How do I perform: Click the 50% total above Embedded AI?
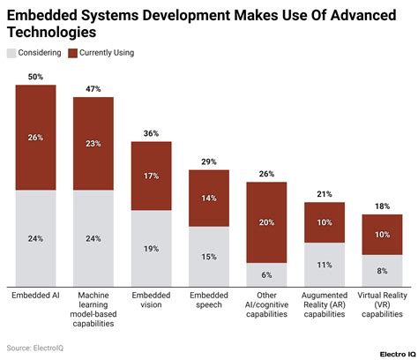(x=35, y=78)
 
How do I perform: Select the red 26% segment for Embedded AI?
(x=35, y=137)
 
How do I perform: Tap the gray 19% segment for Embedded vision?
(x=151, y=248)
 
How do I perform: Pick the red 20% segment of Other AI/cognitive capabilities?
(x=266, y=222)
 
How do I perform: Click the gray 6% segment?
(x=266, y=274)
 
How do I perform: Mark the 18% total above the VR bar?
(x=382, y=206)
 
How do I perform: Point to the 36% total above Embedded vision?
(x=151, y=134)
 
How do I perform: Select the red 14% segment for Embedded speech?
(x=209, y=199)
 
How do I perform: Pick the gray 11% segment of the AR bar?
(x=325, y=265)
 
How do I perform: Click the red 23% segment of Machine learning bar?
(x=93, y=143)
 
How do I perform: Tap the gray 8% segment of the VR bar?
(x=382, y=271)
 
